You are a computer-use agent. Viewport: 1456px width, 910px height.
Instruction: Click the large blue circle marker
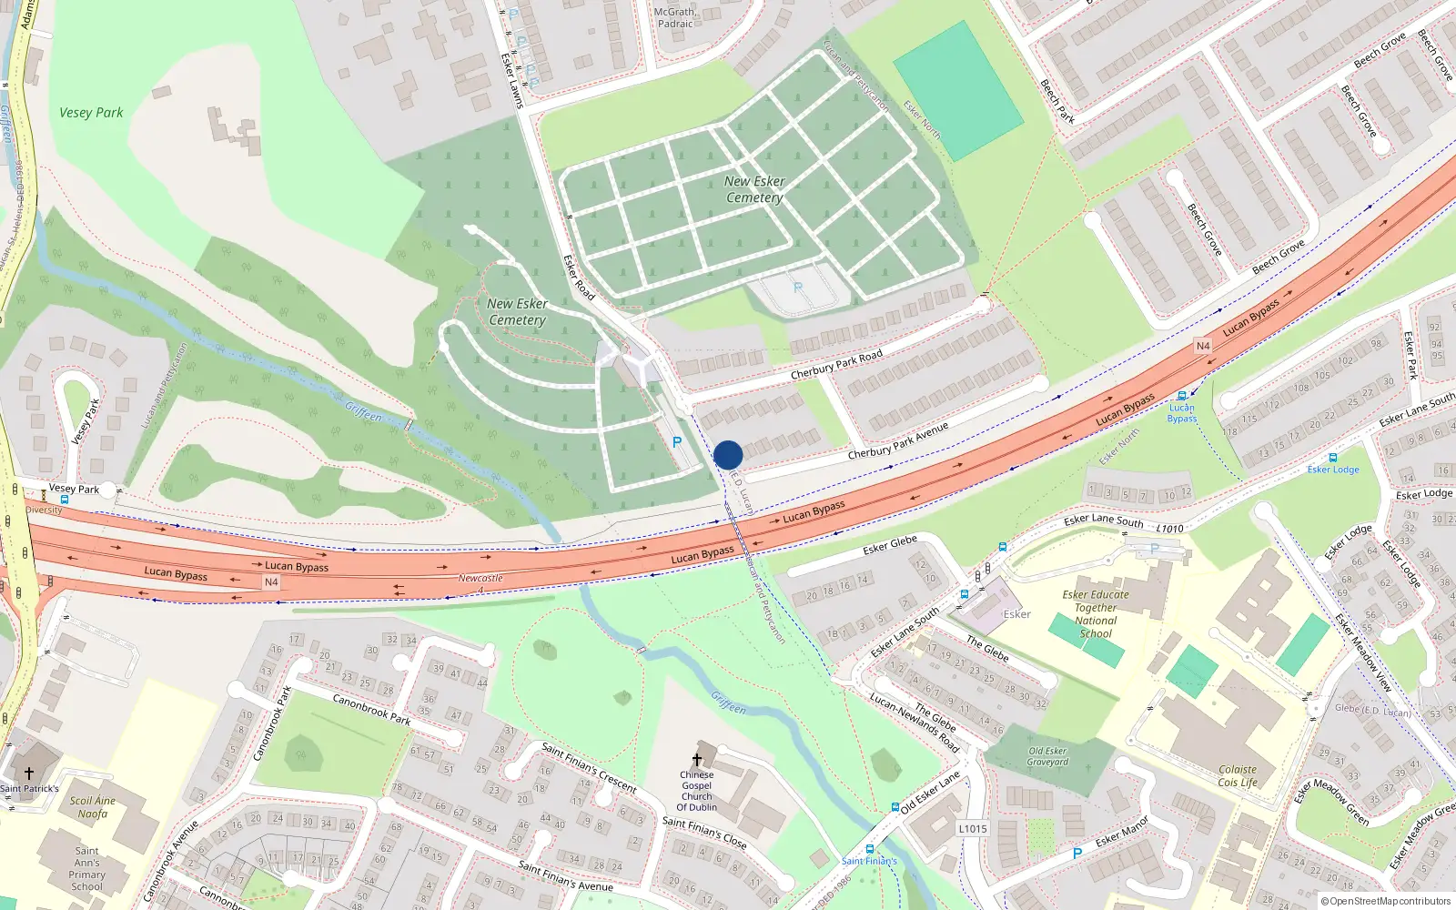point(728,455)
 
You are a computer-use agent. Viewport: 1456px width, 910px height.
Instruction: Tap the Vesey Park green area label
point(91,113)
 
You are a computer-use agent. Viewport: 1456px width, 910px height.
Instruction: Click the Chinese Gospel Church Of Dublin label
point(697,791)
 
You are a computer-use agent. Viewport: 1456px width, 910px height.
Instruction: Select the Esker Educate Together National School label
point(1096,614)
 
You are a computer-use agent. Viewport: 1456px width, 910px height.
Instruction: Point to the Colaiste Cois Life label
point(1238,775)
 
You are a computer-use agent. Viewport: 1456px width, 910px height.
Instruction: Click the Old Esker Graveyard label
point(1047,756)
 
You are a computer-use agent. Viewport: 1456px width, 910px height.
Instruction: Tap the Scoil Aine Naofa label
point(93,807)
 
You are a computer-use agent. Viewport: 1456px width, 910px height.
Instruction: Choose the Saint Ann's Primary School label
point(87,868)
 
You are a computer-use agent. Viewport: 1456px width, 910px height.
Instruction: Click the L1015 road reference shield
point(973,828)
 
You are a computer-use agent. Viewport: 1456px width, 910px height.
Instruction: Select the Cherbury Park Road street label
point(836,364)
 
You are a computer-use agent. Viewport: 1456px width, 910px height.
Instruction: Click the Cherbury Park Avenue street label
point(898,440)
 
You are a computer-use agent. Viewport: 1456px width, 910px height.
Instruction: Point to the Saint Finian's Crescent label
point(589,767)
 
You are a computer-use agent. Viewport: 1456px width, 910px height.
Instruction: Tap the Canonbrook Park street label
point(371,709)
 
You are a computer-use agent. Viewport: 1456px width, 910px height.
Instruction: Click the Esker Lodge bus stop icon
point(1333,458)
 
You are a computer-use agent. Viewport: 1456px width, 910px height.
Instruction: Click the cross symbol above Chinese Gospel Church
point(697,760)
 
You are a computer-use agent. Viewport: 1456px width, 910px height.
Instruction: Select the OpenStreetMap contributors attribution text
point(1387,901)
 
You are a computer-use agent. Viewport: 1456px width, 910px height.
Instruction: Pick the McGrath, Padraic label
point(675,18)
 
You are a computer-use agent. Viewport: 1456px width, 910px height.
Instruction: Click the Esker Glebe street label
point(890,545)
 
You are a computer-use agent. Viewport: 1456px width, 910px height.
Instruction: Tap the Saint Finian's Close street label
point(704,833)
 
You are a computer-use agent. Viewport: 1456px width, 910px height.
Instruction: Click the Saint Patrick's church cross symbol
point(29,773)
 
